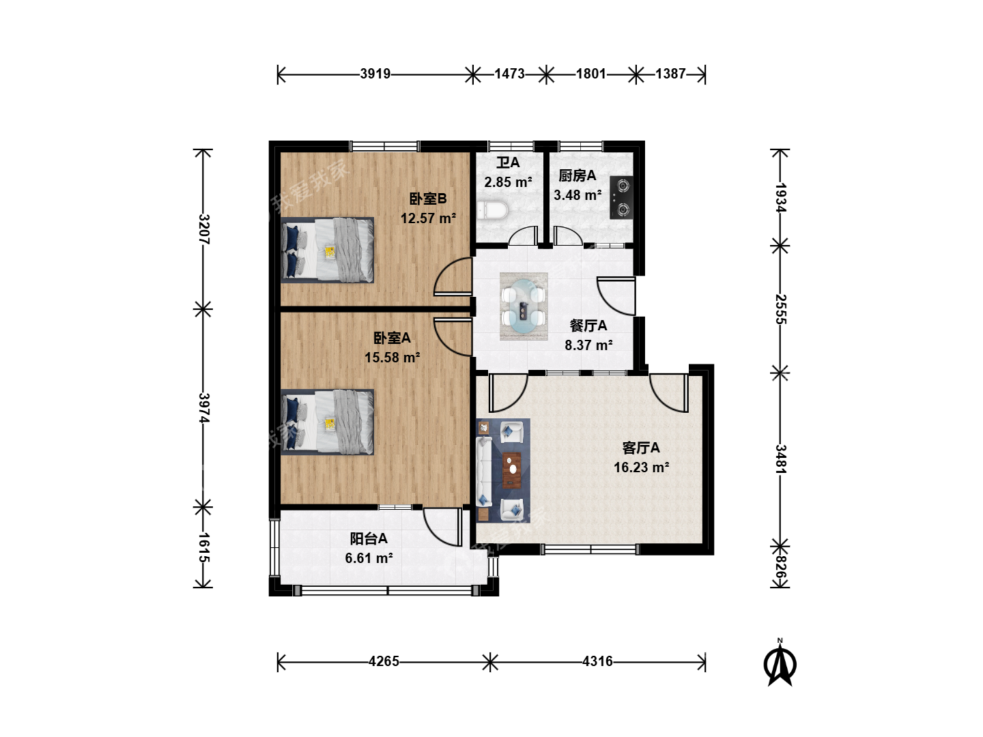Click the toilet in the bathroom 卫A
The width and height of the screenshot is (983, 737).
pyautogui.click(x=492, y=210)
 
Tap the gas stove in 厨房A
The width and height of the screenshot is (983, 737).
pyautogui.click(x=622, y=197)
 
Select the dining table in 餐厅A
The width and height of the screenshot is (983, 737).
pyautogui.click(x=524, y=306)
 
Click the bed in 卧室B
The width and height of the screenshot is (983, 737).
pyautogui.click(x=328, y=250)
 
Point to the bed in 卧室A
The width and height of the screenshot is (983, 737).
pyautogui.click(x=328, y=422)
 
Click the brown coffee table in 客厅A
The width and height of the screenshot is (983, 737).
pyautogui.click(x=511, y=470)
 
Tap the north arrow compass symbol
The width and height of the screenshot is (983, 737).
pyautogui.click(x=780, y=663)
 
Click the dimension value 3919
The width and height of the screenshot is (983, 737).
pyautogui.click(x=375, y=74)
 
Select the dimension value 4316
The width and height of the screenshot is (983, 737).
pyautogui.click(x=597, y=661)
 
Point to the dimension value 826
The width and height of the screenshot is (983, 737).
pyautogui.click(x=780, y=566)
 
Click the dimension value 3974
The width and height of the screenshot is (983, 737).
pyautogui.click(x=203, y=407)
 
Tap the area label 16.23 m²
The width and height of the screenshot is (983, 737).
pyautogui.click(x=641, y=467)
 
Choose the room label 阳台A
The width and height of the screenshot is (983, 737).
pyautogui.click(x=369, y=538)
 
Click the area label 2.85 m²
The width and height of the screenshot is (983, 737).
pyautogui.click(x=508, y=182)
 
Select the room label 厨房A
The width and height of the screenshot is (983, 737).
pyautogui.click(x=578, y=175)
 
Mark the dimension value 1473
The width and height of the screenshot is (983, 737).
pyautogui.click(x=509, y=74)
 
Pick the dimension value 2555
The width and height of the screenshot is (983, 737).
pyautogui.click(x=780, y=309)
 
